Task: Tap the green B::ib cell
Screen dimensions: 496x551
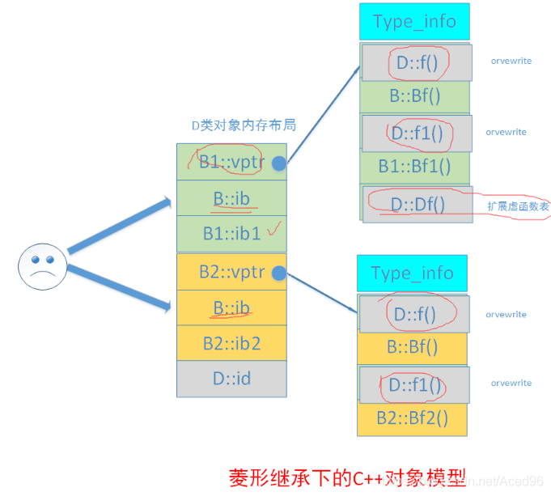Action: pyautogui.click(x=231, y=198)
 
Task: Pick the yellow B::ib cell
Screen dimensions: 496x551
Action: pyautogui.click(x=231, y=307)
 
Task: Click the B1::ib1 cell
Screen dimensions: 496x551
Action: pyautogui.click(x=231, y=234)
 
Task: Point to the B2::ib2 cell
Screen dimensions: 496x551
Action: pyautogui.click(x=231, y=343)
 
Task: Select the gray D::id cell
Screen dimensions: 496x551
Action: pyautogui.click(x=231, y=378)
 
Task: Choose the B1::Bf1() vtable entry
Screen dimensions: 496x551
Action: pyautogui.click(x=414, y=167)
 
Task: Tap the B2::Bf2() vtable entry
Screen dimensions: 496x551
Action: pyautogui.click(x=412, y=418)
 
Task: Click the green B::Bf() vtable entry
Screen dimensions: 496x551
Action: pyautogui.click(x=414, y=96)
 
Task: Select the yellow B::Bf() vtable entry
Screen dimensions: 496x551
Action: pyautogui.click(x=412, y=347)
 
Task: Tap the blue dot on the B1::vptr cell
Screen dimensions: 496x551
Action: pyautogui.click(x=279, y=163)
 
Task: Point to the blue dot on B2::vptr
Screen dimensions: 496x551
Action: pyautogui.click(x=279, y=273)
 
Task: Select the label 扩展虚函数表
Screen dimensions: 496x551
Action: pyautogui.click(x=519, y=207)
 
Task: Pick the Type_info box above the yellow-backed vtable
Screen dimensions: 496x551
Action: pyautogui.click(x=412, y=273)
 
